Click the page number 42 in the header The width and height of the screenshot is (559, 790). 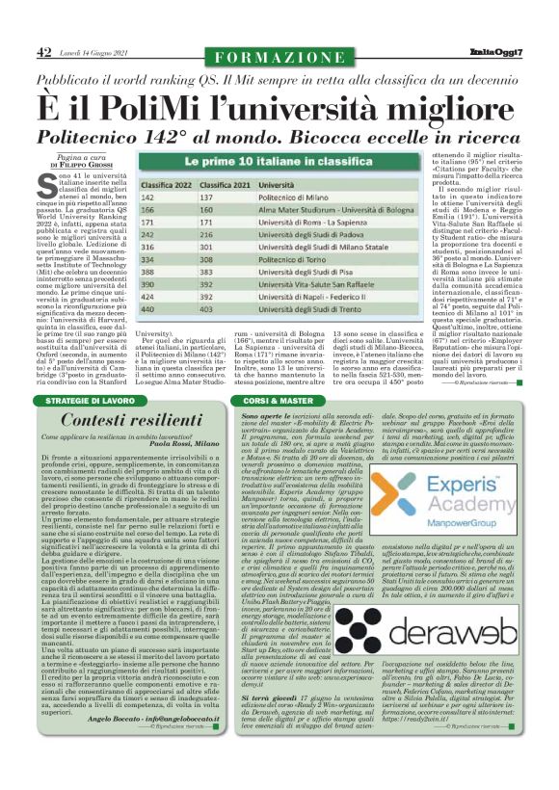coord(44,49)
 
